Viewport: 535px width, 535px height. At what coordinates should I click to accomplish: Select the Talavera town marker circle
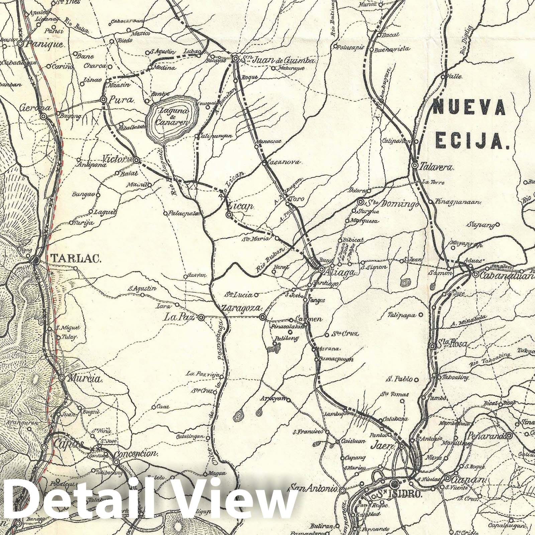[415, 166]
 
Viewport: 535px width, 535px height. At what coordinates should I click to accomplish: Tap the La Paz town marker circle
[201, 318]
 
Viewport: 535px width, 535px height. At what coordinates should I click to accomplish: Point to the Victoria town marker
[136, 160]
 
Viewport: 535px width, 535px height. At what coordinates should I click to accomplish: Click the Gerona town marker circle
[43, 116]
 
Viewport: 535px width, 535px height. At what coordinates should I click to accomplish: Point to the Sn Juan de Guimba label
[278, 61]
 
